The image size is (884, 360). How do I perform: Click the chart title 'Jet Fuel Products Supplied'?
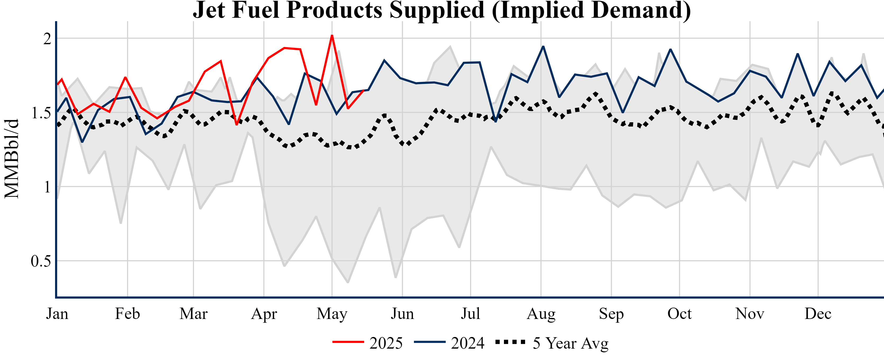tap(442, 10)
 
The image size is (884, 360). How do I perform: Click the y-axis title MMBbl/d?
tap(12, 159)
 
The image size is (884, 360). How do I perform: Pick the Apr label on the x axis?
tap(264, 314)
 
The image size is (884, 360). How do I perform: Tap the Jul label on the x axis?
tap(470, 314)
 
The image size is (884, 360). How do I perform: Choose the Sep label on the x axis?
tap(611, 314)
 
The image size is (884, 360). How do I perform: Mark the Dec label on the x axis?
tap(818, 314)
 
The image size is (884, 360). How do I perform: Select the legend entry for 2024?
tap(450, 343)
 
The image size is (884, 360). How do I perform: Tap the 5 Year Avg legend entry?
tap(553, 343)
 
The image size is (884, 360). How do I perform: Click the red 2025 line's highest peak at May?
tap(332, 36)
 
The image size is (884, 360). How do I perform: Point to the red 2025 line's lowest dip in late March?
tap(236, 124)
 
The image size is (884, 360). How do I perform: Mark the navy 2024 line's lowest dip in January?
tap(82, 142)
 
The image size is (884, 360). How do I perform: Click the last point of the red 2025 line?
tap(363, 91)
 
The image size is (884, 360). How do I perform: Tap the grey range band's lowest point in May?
tap(348, 282)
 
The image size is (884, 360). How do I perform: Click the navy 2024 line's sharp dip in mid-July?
tap(495, 121)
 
